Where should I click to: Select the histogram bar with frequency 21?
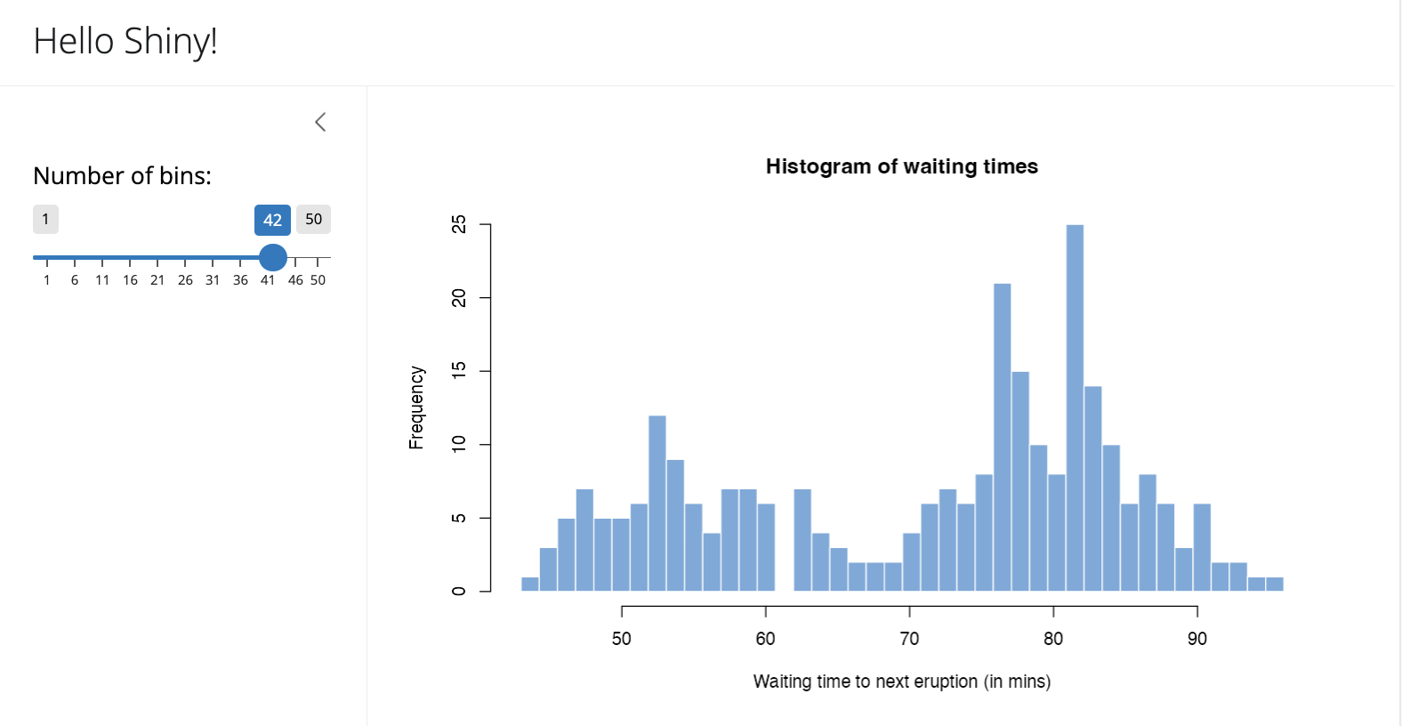point(1002,437)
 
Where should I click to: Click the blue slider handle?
point(273,257)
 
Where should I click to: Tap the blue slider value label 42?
point(272,220)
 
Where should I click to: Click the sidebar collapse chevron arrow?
point(320,122)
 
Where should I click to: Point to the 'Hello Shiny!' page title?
point(125,41)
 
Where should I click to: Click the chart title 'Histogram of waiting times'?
point(901,166)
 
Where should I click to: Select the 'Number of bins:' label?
point(122,176)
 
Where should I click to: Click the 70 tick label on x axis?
point(909,639)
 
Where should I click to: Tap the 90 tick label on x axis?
point(1197,639)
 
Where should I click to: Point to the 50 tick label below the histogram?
point(621,639)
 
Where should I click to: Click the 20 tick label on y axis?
point(459,298)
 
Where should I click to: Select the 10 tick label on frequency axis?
point(459,444)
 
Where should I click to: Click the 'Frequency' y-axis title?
point(416,407)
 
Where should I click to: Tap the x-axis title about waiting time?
point(901,682)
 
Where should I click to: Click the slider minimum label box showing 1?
point(45,219)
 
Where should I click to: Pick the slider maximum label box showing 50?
point(313,219)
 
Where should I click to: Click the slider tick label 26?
point(185,280)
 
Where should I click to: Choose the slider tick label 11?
point(102,280)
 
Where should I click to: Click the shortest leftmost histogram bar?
point(530,585)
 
